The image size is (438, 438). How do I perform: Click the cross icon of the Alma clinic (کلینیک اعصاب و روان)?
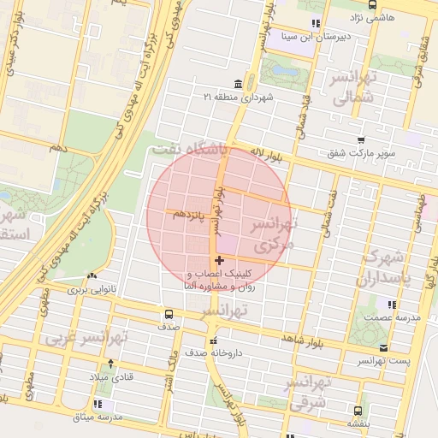tap(220, 260)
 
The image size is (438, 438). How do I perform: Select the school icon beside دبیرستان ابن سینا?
tap(316, 24)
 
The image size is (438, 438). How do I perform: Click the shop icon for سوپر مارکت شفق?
tap(361, 140)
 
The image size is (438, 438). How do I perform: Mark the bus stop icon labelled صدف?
tap(167, 314)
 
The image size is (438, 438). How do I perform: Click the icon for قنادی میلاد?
tap(95, 376)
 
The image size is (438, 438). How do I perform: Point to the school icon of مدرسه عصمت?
tap(392, 305)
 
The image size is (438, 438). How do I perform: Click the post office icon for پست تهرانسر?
tap(383, 347)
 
